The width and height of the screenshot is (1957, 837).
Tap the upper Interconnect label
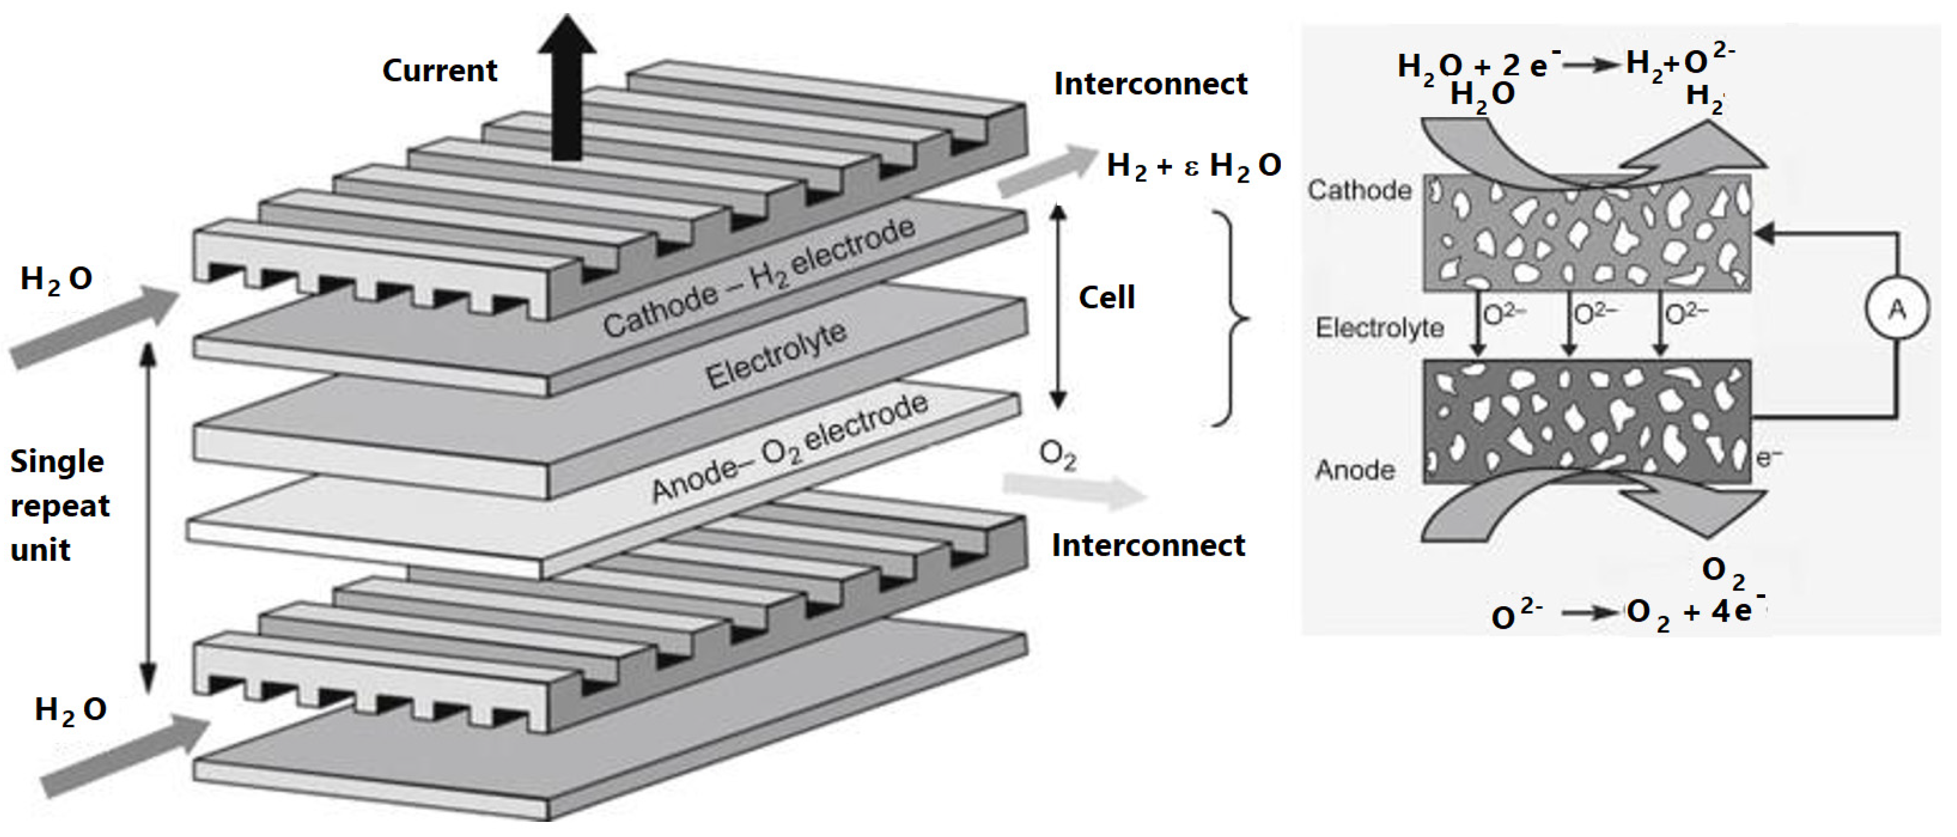pos(1149,84)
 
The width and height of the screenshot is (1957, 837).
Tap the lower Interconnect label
pos(1147,546)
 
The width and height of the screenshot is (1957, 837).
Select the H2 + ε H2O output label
pos(1193,166)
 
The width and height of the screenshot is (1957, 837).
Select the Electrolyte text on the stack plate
pos(776,355)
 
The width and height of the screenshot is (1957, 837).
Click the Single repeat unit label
pos(59,505)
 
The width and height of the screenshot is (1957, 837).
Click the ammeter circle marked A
pos(1896,309)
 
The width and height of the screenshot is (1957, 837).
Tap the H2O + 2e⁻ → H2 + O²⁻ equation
pos(1565,65)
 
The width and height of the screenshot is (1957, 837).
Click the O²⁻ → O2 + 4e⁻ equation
pos(1626,613)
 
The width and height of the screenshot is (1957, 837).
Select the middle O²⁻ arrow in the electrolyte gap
pos(1570,325)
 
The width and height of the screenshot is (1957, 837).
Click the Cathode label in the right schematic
pos(1359,190)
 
